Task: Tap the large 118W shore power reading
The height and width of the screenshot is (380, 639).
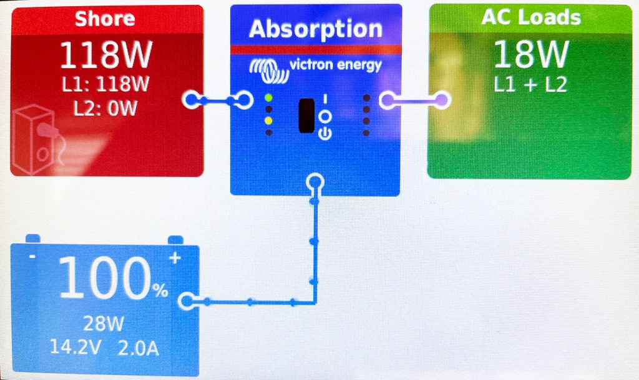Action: [106, 56]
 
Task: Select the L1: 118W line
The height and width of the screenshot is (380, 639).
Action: [106, 84]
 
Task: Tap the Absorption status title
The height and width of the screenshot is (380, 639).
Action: [315, 29]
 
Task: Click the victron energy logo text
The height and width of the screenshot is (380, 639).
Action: [335, 65]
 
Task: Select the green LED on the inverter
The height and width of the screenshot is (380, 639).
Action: [268, 98]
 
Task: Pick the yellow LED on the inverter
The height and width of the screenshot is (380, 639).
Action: [268, 120]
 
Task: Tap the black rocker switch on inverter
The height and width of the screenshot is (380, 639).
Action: [306, 116]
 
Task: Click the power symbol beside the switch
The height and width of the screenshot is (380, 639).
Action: [324, 132]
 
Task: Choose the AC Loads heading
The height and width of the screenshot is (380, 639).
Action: [530, 17]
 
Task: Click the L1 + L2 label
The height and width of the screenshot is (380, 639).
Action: [530, 84]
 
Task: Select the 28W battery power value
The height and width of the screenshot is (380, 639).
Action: [104, 324]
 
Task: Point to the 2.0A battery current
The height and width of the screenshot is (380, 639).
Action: [138, 347]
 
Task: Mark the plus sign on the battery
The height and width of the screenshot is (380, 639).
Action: [175, 257]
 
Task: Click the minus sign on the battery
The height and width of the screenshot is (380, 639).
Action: [32, 257]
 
